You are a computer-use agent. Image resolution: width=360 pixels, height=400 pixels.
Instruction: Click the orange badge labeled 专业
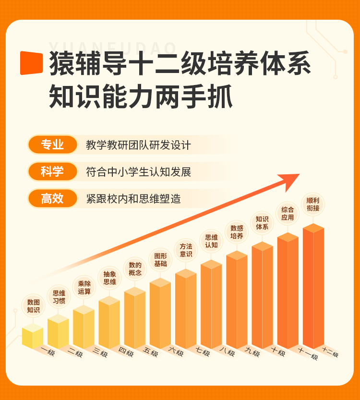52,145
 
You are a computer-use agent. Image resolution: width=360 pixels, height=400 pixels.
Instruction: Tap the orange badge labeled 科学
52,171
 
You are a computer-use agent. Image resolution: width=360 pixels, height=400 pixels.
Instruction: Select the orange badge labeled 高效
52,198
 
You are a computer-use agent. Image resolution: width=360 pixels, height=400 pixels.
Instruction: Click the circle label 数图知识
33,306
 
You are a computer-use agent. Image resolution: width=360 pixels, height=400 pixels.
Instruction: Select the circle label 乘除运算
84,287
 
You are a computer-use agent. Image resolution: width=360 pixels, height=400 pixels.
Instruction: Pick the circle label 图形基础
160,259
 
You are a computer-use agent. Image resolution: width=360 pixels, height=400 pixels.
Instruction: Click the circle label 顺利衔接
313,204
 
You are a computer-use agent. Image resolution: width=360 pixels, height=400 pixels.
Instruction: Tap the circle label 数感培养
237,232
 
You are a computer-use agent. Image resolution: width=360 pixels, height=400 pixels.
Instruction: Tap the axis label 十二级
330,353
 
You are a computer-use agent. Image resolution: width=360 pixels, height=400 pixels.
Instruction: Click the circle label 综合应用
288,213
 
